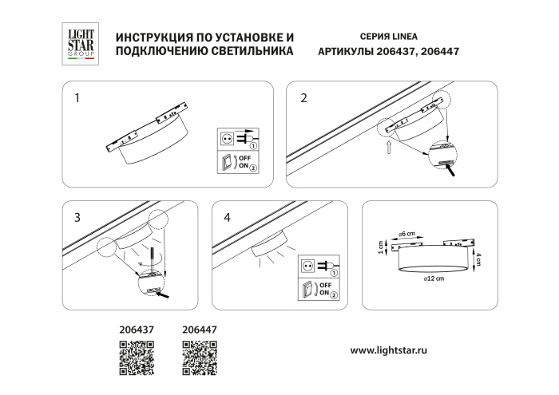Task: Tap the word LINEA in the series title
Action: (402, 38)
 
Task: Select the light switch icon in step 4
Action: (307, 289)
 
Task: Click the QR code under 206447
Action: (199, 357)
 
